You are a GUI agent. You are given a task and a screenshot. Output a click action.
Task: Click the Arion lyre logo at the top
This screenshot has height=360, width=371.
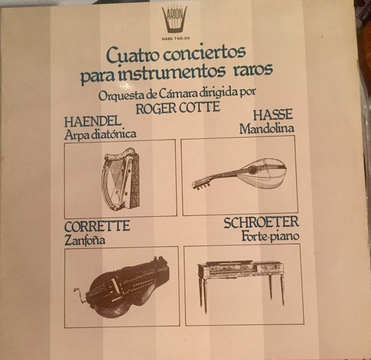(x=175, y=19)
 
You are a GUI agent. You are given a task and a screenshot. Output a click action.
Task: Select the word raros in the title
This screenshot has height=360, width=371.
(x=253, y=69)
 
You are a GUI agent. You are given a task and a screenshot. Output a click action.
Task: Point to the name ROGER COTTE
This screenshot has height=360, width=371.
(x=178, y=108)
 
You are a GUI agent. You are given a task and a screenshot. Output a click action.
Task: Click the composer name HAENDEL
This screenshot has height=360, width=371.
(x=93, y=122)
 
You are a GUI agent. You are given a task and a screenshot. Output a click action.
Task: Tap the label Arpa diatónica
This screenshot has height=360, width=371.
(x=100, y=134)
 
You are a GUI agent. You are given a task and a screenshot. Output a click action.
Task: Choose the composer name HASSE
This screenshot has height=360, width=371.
(x=273, y=115)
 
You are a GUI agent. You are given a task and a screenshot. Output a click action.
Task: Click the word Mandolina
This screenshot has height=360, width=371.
(x=267, y=129)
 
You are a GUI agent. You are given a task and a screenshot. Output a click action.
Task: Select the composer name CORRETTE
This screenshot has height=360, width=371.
(x=97, y=226)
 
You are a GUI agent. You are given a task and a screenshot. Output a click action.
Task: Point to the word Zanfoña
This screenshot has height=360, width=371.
(x=85, y=240)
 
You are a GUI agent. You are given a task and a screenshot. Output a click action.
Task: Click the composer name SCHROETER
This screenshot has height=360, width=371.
(x=261, y=222)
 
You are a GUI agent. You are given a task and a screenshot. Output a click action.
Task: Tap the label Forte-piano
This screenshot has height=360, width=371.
(x=271, y=236)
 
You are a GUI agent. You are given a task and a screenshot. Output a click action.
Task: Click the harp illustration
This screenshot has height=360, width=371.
(x=121, y=179)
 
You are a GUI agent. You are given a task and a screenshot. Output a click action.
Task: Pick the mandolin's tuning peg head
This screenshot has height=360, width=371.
(x=201, y=185)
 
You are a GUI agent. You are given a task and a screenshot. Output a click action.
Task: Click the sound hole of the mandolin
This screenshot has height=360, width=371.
(x=253, y=170)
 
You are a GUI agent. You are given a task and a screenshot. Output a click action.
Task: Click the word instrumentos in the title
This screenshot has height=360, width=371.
(x=171, y=72)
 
